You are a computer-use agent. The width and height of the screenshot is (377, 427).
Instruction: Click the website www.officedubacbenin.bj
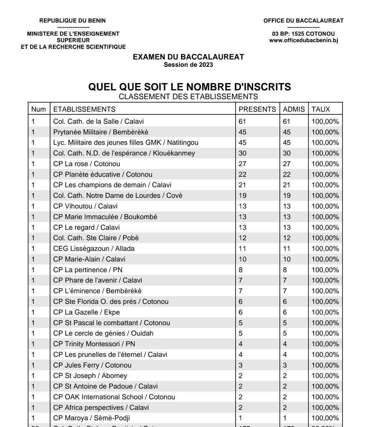tap(303, 40)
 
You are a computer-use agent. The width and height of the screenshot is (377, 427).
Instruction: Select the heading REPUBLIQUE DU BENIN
tap(73, 20)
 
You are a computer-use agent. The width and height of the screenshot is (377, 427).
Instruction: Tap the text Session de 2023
tap(188, 65)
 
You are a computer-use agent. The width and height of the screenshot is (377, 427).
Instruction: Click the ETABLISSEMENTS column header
tap(84, 109)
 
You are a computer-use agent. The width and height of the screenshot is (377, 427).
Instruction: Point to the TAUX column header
tap(320, 109)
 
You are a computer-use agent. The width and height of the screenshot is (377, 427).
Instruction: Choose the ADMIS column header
tap(294, 109)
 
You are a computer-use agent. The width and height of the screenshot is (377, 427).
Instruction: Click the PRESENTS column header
tap(257, 109)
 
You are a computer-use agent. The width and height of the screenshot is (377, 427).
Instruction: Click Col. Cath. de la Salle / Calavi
tap(98, 121)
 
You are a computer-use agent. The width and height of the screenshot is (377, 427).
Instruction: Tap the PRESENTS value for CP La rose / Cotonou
tap(242, 164)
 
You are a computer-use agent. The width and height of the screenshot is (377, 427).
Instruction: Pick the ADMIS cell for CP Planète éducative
tap(287, 174)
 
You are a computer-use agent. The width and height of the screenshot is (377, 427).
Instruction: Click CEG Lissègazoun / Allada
tap(94, 248)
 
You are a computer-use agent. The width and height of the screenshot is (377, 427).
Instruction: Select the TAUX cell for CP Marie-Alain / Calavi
tap(325, 259)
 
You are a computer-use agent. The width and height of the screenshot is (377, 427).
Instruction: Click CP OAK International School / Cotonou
tap(114, 397)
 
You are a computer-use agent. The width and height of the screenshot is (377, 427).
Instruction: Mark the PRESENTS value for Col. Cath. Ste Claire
tap(242, 238)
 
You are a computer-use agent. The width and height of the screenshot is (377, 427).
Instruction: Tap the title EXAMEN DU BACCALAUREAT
tap(188, 57)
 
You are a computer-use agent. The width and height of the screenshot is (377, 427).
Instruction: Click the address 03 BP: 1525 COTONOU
tap(303, 34)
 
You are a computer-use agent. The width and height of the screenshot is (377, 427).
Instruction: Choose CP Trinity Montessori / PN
tap(94, 344)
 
